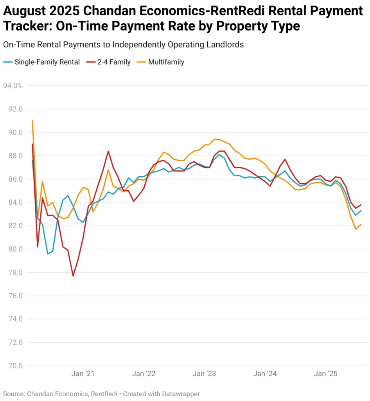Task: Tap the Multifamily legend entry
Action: click(x=166, y=62)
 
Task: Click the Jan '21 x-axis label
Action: click(x=83, y=374)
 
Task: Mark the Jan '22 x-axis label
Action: click(x=144, y=374)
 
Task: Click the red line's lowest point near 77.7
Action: click(x=73, y=276)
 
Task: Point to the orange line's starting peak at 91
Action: click(x=32, y=121)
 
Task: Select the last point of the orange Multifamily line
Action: click(x=361, y=224)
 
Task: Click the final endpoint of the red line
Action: click(x=361, y=205)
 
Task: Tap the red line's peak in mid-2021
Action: click(x=108, y=151)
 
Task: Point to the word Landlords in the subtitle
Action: click(x=225, y=45)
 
